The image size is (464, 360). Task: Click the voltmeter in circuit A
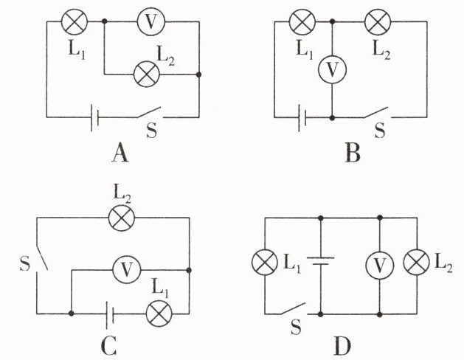click(151, 22)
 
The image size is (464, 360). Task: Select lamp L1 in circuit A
click(75, 21)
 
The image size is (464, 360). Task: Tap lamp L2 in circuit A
click(147, 75)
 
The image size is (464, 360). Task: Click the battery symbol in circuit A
click(94, 117)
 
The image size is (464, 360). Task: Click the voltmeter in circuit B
click(332, 69)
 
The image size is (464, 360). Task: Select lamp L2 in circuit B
click(378, 22)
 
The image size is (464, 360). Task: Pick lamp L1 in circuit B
click(302, 22)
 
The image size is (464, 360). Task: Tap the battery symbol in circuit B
click(302, 118)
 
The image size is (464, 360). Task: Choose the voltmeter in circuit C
click(127, 270)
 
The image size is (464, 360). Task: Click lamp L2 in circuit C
click(122, 218)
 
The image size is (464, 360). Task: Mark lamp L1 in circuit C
click(159, 314)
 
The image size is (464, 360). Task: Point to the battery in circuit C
click(110, 314)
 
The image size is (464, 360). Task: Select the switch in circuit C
click(41, 257)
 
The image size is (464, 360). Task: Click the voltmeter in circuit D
click(380, 266)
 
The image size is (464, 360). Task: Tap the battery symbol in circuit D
click(320, 260)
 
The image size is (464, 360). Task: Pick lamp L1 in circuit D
click(265, 262)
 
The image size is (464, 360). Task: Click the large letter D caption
click(342, 346)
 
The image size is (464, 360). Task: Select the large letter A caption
click(120, 153)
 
